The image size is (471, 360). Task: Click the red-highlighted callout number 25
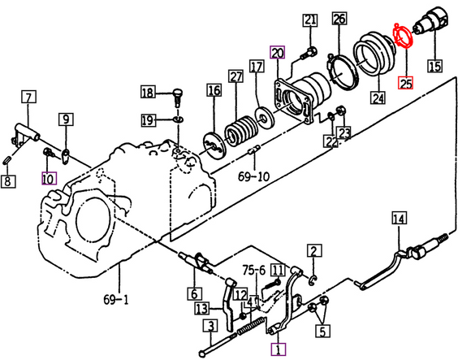[405, 81]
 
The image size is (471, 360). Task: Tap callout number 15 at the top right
[434, 66]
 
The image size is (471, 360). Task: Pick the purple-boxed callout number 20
[278, 54]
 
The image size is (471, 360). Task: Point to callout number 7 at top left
[28, 98]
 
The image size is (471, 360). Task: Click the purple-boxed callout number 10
[48, 176]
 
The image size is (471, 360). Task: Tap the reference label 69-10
[253, 175]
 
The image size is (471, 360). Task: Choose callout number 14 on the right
[398, 218]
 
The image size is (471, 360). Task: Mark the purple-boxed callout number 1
[279, 350]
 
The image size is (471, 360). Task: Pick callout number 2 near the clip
[313, 250]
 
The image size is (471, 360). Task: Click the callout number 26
[339, 19]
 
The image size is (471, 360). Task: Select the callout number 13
[202, 308]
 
